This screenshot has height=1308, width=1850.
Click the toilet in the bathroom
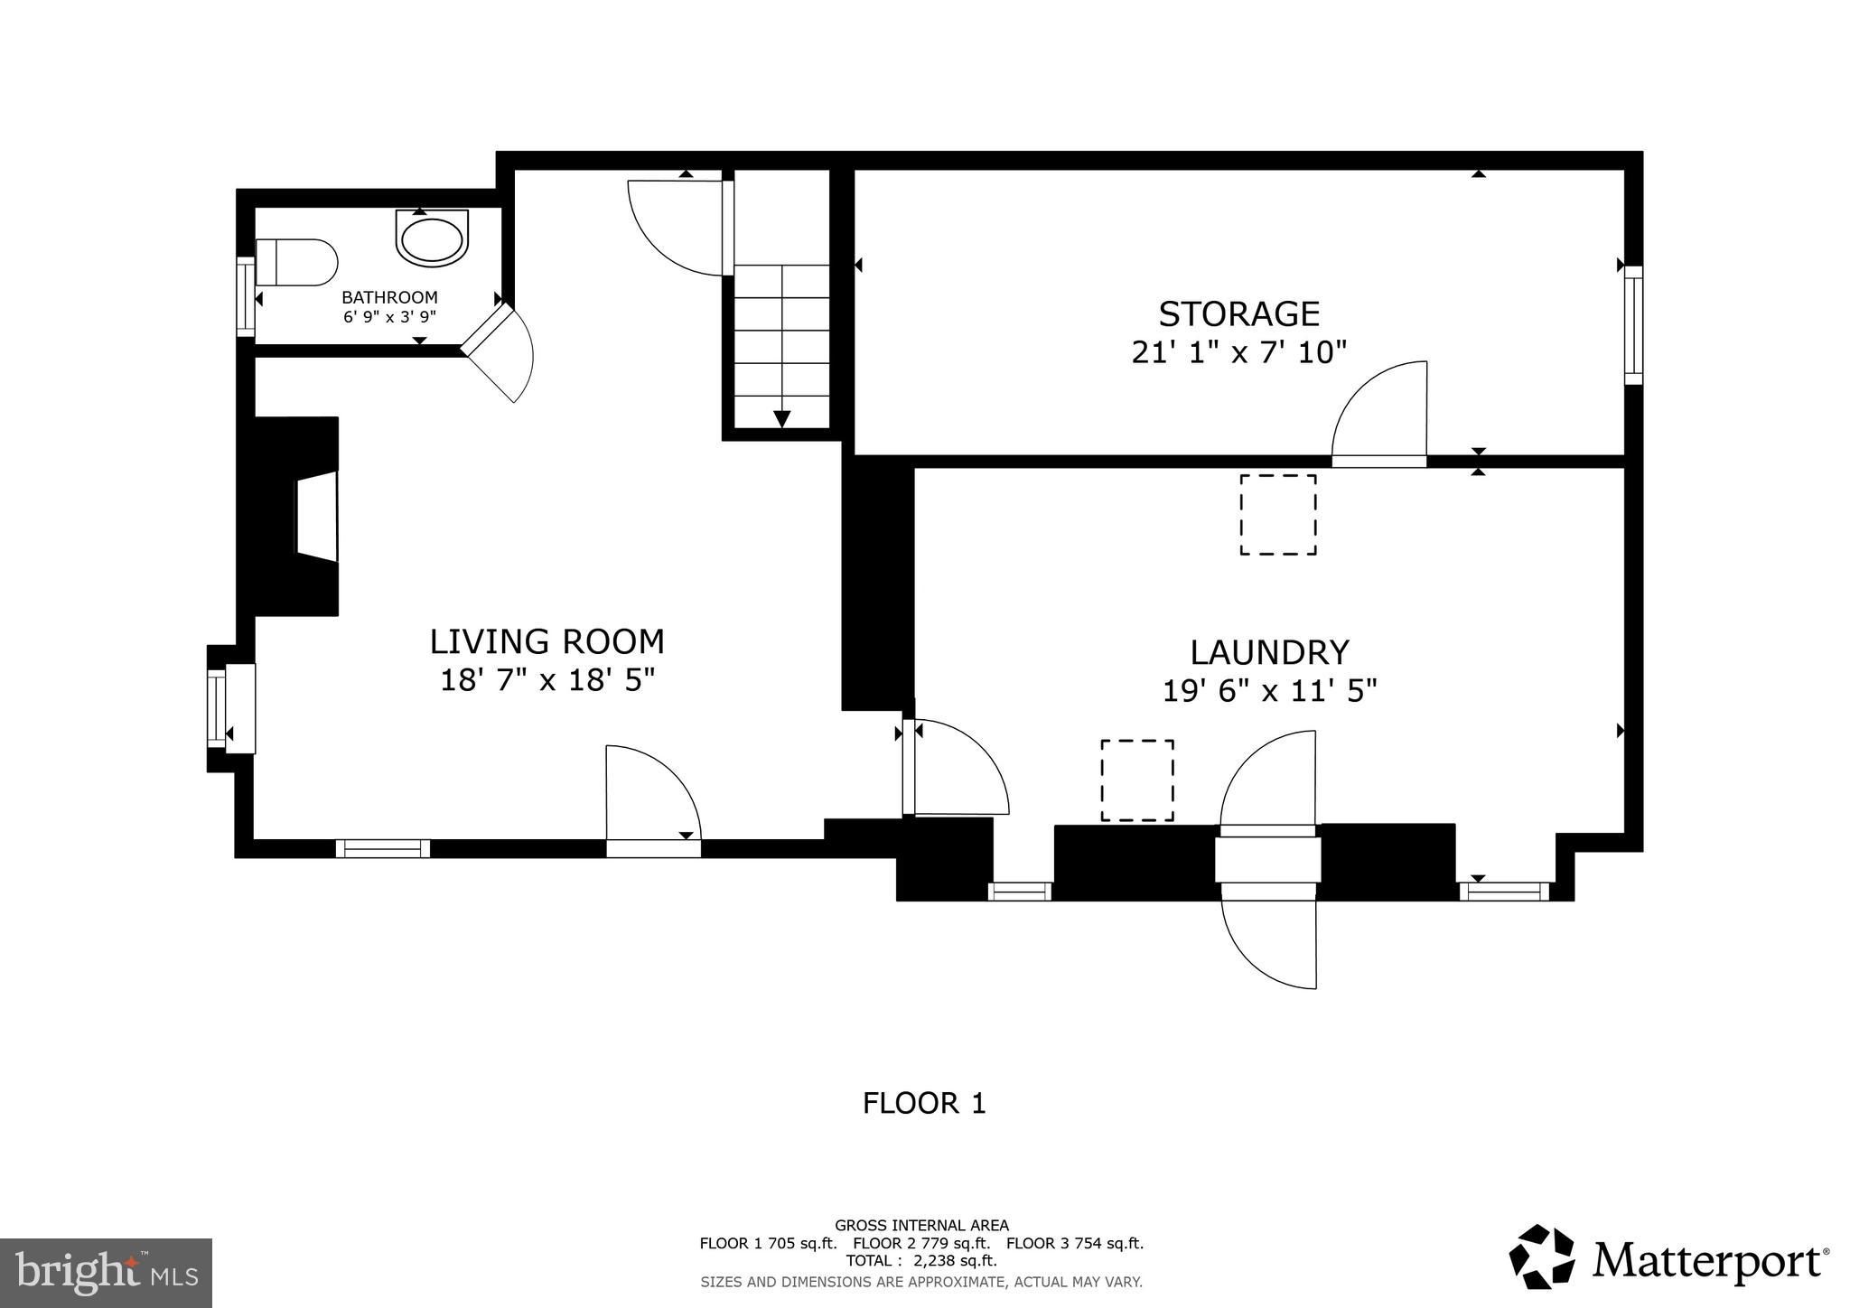point(296,262)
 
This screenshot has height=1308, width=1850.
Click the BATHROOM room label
point(389,297)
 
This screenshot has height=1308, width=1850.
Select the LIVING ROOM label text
point(547,641)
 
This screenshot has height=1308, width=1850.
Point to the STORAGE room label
point(1238,313)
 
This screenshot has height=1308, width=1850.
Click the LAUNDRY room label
point(1269,652)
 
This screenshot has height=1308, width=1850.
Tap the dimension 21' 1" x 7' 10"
point(1238,351)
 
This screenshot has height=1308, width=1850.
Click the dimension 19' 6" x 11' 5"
point(1269,691)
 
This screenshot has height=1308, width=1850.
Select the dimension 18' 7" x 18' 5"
point(547,679)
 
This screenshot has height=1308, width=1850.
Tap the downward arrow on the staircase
point(782,418)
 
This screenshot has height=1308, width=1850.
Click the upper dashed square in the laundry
point(1277,514)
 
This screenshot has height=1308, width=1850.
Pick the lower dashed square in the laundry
point(1137,780)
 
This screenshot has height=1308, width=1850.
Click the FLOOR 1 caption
point(924,1103)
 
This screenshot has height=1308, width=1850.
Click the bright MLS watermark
point(106,1273)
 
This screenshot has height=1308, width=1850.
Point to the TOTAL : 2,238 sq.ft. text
point(921,1260)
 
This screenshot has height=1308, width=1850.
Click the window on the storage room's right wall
point(1633,325)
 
